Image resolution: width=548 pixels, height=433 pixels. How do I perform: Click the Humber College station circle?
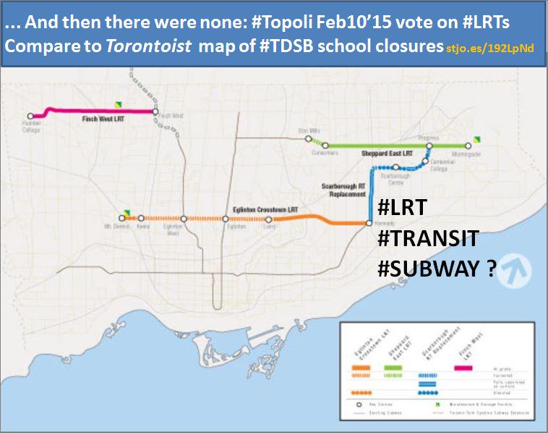[x=31, y=115]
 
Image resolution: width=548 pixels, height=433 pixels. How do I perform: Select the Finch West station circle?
[x=155, y=112]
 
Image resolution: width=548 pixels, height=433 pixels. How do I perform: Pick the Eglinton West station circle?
[x=184, y=218]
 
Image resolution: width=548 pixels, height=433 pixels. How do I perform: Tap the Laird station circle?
[x=269, y=219]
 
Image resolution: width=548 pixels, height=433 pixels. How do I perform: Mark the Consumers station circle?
[x=325, y=146]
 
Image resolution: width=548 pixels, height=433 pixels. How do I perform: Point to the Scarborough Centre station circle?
[x=395, y=167]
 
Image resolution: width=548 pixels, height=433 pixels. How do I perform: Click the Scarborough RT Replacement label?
[x=343, y=190]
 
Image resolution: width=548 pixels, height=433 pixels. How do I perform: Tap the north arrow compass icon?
[x=514, y=270]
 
